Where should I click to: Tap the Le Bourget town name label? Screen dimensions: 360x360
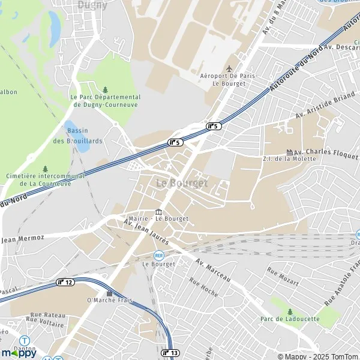pos(181,183)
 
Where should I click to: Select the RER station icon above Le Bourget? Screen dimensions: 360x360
pos(159,255)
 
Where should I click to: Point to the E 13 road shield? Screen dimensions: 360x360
pos(170,353)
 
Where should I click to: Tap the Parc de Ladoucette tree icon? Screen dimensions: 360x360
pos(290,311)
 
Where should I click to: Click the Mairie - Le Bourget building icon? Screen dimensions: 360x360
pos(158,211)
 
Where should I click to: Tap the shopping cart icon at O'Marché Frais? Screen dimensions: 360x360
pos(109,292)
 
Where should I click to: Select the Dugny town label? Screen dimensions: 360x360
pos(92,5)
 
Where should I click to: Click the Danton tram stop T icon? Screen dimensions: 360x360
pos(24,340)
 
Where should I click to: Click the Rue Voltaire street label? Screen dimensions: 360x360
pos(45,322)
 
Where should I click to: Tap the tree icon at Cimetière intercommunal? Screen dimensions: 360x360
pos(45,169)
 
